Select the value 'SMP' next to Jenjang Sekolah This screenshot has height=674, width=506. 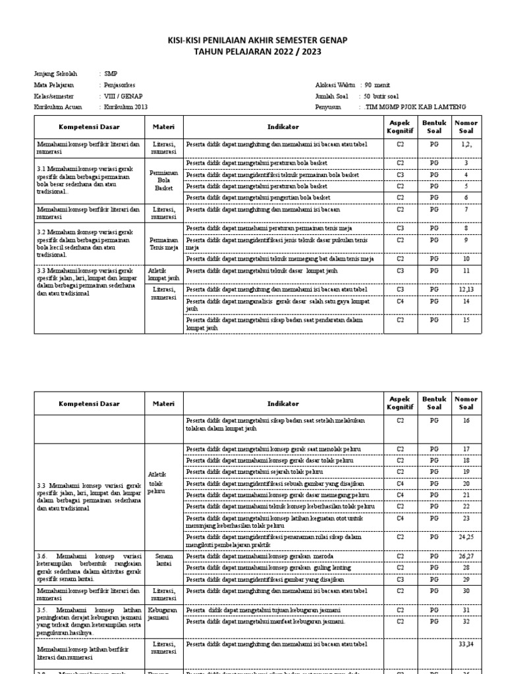110,74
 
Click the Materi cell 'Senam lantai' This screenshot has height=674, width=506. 163,559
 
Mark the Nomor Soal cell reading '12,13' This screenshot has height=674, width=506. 466,289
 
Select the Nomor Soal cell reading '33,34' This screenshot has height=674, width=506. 466,644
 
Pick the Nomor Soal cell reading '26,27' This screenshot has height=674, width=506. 466,556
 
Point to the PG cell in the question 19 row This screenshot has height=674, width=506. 434,471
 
